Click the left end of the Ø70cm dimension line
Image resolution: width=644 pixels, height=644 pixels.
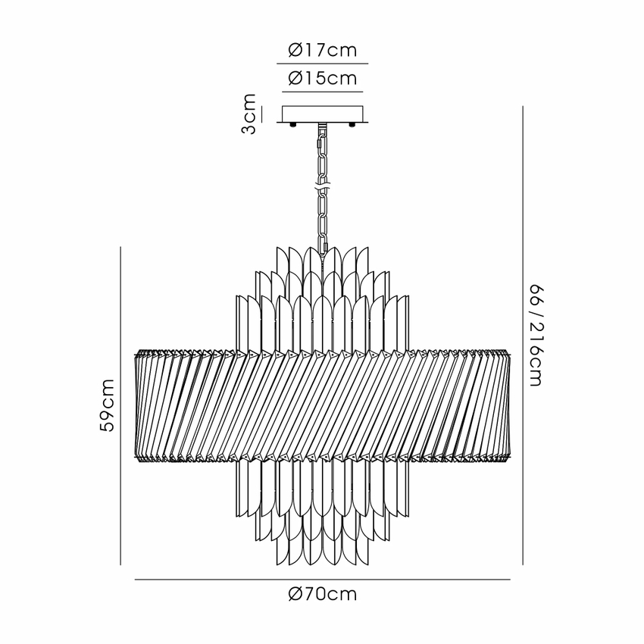tap(135, 580)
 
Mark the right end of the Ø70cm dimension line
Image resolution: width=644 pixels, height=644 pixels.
tap(511, 580)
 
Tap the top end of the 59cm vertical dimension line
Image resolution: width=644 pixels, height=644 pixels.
tap(120, 247)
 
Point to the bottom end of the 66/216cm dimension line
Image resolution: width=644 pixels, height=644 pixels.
tap(523, 564)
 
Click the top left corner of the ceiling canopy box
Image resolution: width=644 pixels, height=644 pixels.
tap(282, 106)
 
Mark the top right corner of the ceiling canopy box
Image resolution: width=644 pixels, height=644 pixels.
tap(364, 106)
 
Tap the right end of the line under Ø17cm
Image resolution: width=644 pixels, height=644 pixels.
tap(368, 64)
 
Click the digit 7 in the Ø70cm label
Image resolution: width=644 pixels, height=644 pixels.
tap(307, 594)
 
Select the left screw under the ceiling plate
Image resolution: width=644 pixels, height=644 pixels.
tap(293, 124)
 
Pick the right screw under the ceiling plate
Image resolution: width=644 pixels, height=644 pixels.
tap(352, 124)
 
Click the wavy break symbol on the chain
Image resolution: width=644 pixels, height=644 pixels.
tap(323, 186)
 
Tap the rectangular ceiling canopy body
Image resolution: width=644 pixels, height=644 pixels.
tap(323, 114)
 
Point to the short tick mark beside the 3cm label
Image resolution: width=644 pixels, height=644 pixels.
tap(261, 114)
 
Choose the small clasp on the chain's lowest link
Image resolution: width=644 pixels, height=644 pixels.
tap(327, 247)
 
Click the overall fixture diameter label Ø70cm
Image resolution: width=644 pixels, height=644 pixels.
tap(323, 594)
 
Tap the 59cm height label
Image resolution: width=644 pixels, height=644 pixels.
tap(107, 405)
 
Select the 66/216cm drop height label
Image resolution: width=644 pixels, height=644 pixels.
tap(536, 335)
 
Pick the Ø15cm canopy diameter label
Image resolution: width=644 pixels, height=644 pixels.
tap(323, 78)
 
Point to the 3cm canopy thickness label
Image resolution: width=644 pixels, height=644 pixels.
tap(249, 114)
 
